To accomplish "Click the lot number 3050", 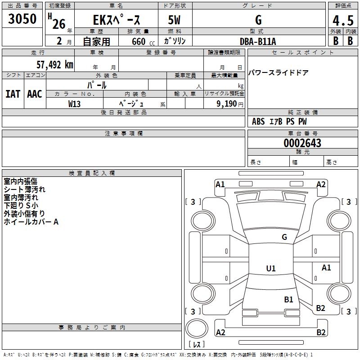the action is click(22, 19).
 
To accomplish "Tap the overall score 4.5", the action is click(342, 21).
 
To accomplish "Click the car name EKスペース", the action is click(117, 20).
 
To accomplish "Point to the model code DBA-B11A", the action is click(258, 41).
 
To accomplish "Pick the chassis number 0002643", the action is click(302, 144).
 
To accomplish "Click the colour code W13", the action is click(75, 104).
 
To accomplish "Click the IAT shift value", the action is click(13, 94).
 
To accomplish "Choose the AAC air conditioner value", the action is click(35, 94).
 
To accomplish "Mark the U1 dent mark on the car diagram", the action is click(271, 269).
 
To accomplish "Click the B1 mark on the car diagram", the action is click(288, 299).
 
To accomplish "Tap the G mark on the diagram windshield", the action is click(284, 237).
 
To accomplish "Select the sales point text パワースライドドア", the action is click(279, 73).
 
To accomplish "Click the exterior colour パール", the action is click(97, 85).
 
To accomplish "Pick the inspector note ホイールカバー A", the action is click(31, 222).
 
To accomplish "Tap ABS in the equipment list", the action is click(258, 121).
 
